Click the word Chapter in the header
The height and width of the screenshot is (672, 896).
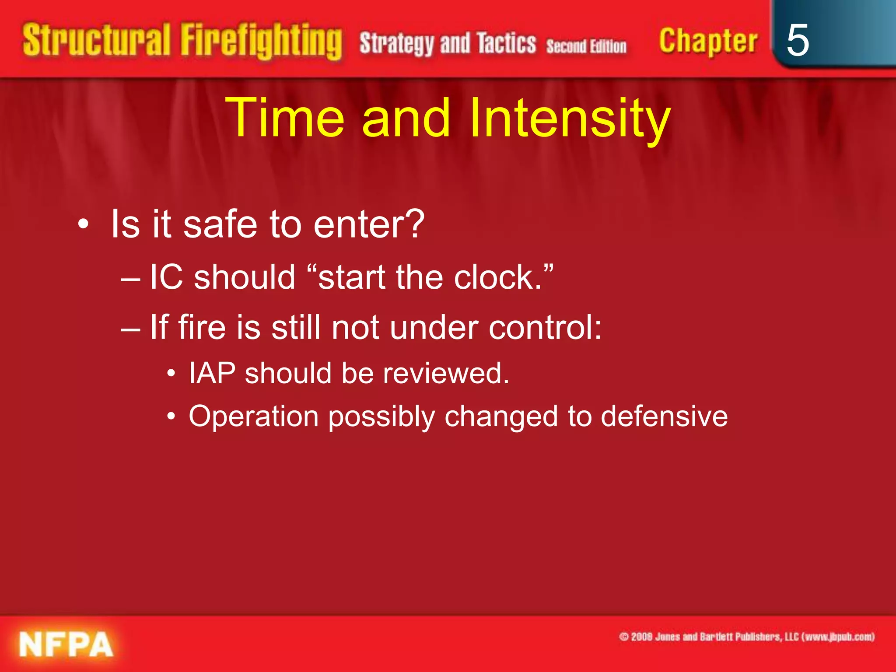(708, 42)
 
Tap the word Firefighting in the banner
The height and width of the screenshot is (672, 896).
(261, 42)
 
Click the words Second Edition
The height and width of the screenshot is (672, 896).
(586, 46)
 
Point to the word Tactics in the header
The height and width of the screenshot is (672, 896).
(506, 43)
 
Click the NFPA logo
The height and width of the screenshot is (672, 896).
(66, 644)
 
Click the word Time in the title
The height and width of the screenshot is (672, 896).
(285, 118)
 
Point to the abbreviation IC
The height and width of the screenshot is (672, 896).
(166, 277)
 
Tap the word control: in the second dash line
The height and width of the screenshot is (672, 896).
(545, 327)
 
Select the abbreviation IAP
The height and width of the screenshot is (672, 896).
(212, 373)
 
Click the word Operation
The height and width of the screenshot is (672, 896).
(254, 417)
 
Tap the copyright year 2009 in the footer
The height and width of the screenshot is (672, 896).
(642, 637)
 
